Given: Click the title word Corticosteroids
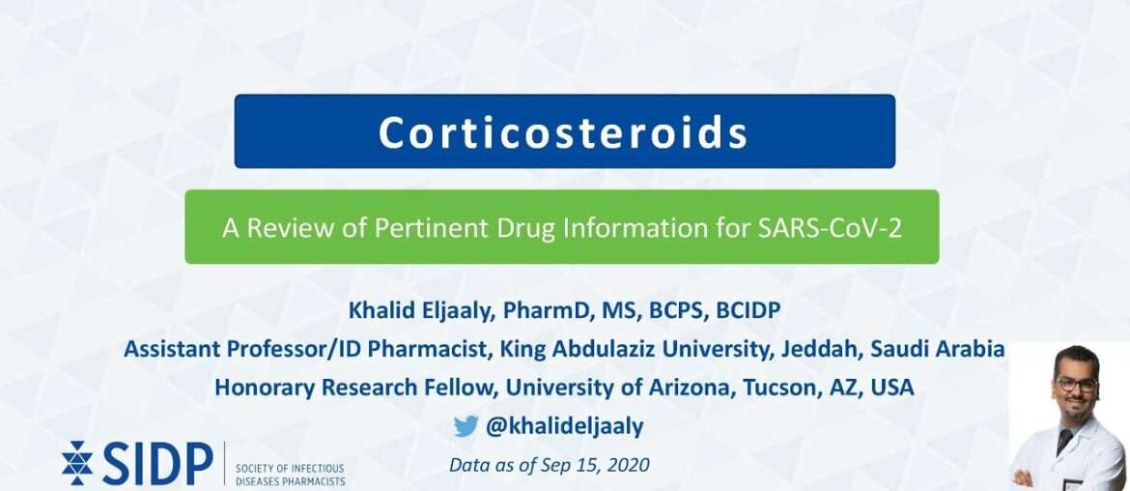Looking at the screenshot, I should click(x=563, y=132).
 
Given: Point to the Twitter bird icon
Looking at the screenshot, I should click(x=466, y=426).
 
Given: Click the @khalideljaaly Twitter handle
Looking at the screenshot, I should click(x=564, y=426).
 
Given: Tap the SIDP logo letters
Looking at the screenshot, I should click(x=156, y=465).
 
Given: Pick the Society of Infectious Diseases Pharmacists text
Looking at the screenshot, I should click(x=290, y=474).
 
